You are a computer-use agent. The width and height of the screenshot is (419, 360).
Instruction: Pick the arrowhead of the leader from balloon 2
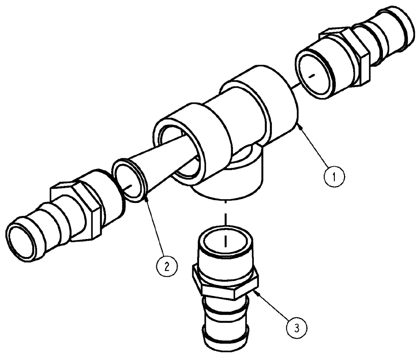(145, 200)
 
